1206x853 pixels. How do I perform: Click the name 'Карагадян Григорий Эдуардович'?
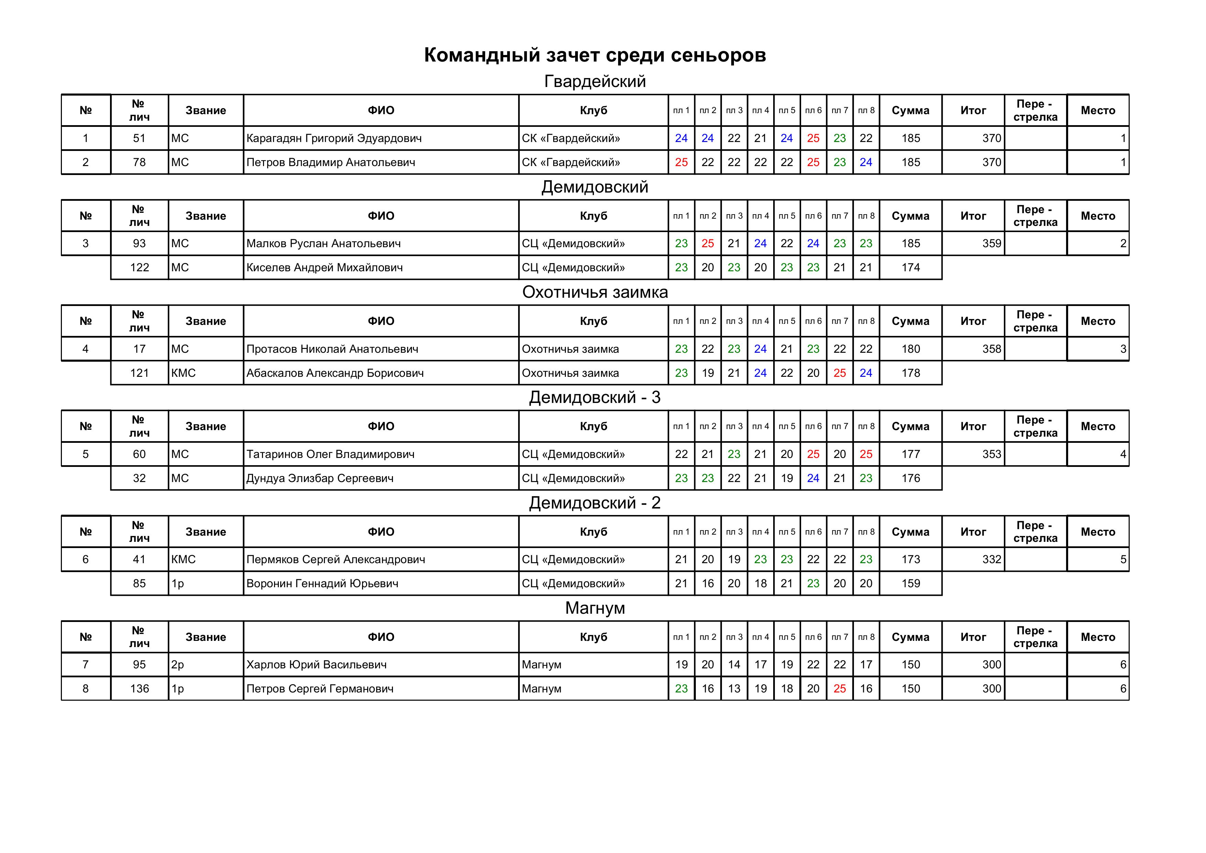tap(334, 138)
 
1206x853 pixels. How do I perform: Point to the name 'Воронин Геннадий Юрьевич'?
tap(322, 583)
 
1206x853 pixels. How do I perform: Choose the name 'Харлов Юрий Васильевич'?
tap(316, 665)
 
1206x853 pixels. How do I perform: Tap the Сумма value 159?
tap(910, 583)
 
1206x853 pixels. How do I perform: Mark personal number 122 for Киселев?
tap(139, 267)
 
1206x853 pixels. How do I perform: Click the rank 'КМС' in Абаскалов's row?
tap(183, 373)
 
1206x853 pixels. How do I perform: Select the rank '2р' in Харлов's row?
tap(177, 665)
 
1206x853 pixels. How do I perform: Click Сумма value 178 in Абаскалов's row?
tap(910, 373)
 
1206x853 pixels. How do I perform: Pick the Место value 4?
tap(1122, 454)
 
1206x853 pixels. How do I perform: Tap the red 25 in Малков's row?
tap(708, 243)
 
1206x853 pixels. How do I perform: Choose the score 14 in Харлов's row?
tap(734, 665)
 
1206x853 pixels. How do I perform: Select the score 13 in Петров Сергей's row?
tap(734, 689)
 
